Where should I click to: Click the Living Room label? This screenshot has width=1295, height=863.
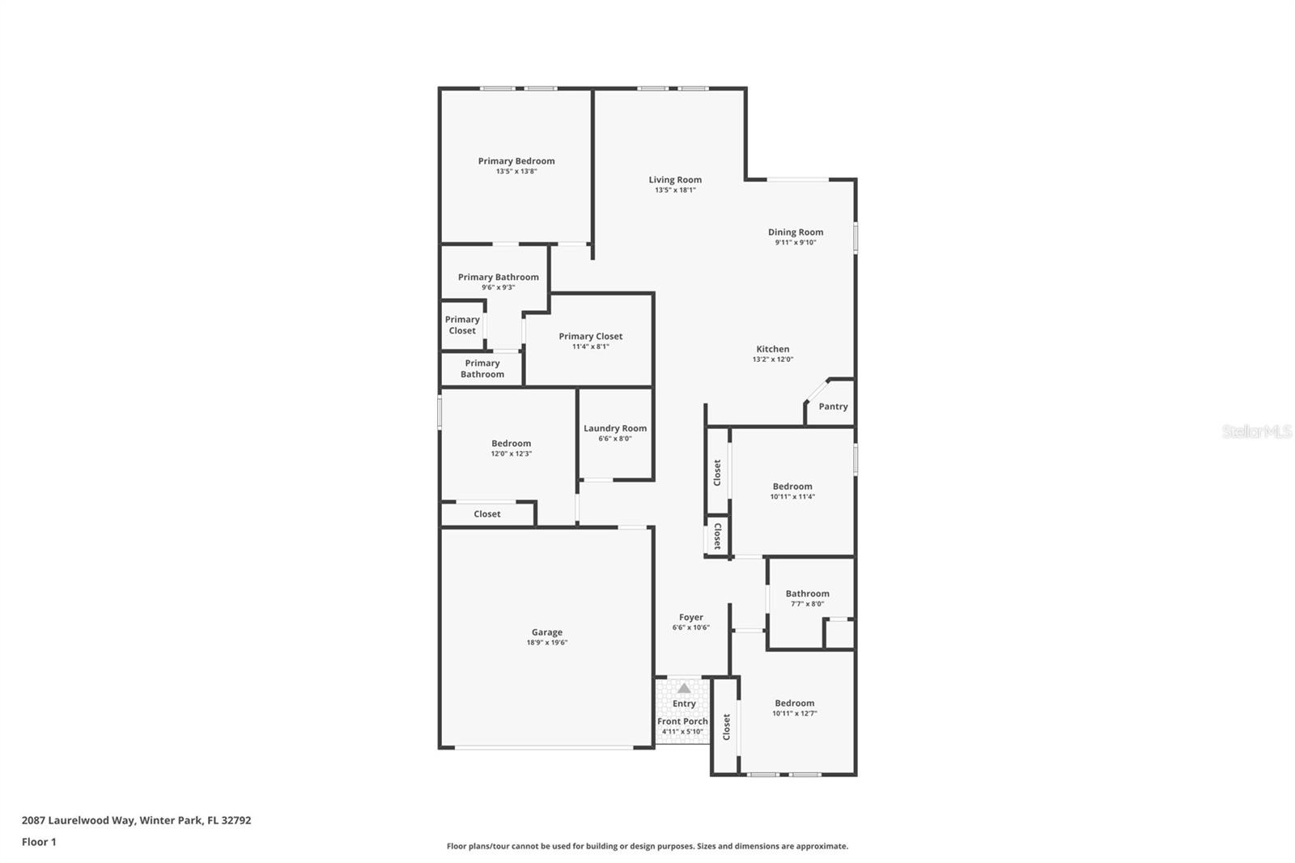pyautogui.click(x=675, y=180)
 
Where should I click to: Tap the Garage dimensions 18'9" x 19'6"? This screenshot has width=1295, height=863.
pyautogui.click(x=547, y=643)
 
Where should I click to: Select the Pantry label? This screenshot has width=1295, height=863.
pyautogui.click(x=833, y=406)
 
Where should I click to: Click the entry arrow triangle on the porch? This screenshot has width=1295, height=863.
pyautogui.click(x=684, y=688)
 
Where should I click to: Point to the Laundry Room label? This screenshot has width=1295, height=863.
pyautogui.click(x=615, y=428)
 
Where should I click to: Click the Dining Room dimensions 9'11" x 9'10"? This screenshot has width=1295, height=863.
pyautogui.click(x=796, y=242)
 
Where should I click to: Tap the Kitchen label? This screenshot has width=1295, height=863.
pyautogui.click(x=773, y=349)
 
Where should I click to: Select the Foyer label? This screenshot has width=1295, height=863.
pyautogui.click(x=691, y=617)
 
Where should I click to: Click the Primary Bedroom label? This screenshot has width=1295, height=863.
pyautogui.click(x=516, y=161)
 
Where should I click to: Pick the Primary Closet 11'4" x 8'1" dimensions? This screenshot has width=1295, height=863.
pyautogui.click(x=591, y=346)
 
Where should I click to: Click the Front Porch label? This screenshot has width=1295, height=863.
pyautogui.click(x=682, y=721)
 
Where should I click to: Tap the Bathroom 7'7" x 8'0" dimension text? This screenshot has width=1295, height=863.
pyautogui.click(x=807, y=604)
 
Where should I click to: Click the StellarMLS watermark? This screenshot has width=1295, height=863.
pyautogui.click(x=1256, y=431)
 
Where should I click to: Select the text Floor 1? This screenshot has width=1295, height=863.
pyautogui.click(x=39, y=842)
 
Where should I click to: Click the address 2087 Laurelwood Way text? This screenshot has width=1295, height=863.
pyautogui.click(x=136, y=820)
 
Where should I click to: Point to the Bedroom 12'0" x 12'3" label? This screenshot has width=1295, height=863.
pyautogui.click(x=512, y=443)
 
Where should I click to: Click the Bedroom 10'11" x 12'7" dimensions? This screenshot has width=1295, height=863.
pyautogui.click(x=794, y=714)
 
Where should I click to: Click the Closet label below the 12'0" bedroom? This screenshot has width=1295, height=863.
pyautogui.click(x=487, y=514)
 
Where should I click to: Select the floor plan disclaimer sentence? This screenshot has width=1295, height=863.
pyautogui.click(x=647, y=846)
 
